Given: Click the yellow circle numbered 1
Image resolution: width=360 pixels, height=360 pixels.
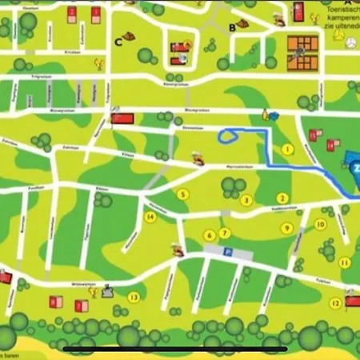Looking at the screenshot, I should coord(287,150).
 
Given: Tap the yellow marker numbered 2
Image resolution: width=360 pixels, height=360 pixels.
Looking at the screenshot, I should coord(282,198).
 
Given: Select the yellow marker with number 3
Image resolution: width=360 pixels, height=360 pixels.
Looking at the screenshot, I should coord(247,200).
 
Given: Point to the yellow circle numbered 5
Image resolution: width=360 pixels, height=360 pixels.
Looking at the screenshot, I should coord(183,194).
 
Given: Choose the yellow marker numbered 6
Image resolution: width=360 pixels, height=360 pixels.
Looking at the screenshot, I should coord(210,235).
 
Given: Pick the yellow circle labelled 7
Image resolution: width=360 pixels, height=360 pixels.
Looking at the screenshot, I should coord(225,234).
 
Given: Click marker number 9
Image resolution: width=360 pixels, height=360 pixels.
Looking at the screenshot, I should coord(286,228).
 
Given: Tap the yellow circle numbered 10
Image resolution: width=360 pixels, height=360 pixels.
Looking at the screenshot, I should coord(320,225).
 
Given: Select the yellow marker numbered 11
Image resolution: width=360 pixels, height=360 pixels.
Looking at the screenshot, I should coord(345,262).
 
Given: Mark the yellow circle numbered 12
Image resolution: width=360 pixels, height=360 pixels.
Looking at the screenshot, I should coord(336,302).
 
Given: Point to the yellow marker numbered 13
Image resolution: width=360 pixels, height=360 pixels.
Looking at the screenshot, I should coord(134,297).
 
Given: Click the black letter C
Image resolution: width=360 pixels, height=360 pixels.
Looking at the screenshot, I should coord(119,42).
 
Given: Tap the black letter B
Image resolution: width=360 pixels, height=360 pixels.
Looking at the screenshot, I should coord(232,29).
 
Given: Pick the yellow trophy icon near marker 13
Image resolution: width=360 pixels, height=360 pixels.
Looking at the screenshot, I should coord(94,292).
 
